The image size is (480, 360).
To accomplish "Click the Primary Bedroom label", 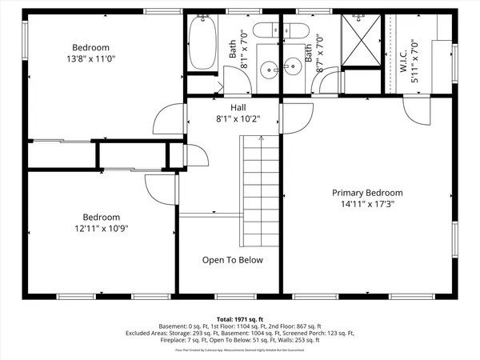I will coord(368,193).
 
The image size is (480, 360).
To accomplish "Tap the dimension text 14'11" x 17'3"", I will coord(368,204).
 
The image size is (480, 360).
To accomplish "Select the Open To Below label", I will coord(232,260).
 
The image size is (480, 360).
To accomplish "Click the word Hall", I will coord(238,107).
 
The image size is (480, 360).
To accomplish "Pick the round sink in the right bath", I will coord(293,69).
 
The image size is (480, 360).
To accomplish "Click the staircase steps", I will coord(261,192).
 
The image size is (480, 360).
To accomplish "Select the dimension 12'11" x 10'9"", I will coord(102,228).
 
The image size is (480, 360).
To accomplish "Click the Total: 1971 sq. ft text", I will coord(240,318).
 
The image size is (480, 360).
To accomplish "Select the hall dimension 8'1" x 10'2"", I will coord(238,119).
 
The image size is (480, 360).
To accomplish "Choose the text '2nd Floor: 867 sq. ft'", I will coord(291,326).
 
